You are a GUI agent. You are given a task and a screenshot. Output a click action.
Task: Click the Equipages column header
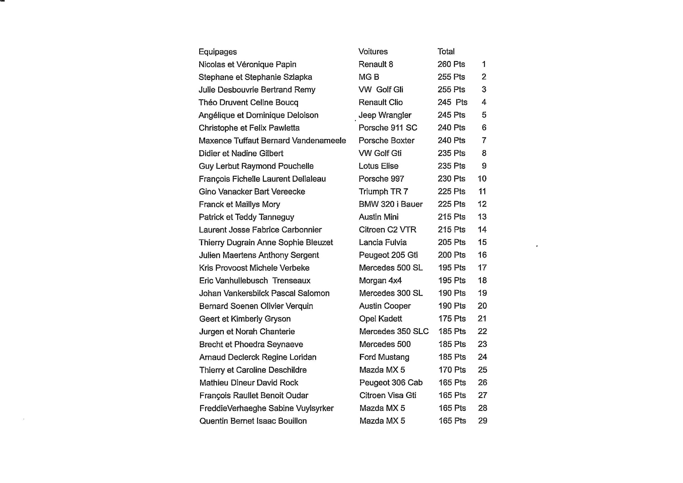click(x=217, y=52)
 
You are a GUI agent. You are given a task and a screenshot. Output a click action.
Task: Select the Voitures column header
click(x=373, y=52)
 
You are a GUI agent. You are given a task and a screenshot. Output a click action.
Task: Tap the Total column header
click(x=446, y=52)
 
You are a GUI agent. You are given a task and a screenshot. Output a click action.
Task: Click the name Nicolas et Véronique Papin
click(x=247, y=64)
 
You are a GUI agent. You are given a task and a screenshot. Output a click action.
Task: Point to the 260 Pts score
click(x=451, y=64)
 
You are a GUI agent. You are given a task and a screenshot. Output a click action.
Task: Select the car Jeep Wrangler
click(x=385, y=115)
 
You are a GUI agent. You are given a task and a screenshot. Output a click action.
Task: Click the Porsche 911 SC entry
click(x=388, y=128)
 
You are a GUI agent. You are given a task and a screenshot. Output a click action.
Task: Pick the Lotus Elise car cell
click(x=378, y=166)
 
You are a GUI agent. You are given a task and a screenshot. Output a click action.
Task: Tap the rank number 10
click(x=482, y=179)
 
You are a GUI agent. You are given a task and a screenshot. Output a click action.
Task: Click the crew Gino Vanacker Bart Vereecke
click(x=252, y=192)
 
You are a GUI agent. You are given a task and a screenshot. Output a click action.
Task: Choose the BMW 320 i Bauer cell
click(x=391, y=204)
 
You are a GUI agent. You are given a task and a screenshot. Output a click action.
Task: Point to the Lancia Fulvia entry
click(x=383, y=243)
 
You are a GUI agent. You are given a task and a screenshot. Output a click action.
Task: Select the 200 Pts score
click(x=452, y=255)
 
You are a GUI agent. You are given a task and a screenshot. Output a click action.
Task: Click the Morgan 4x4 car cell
click(x=380, y=281)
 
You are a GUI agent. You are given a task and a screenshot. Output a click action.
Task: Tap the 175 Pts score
click(x=452, y=319)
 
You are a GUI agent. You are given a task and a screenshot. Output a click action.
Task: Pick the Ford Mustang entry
click(x=384, y=357)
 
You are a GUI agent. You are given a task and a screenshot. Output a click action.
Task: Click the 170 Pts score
click(x=452, y=370)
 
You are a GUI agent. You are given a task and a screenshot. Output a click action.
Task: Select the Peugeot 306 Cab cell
click(x=391, y=383)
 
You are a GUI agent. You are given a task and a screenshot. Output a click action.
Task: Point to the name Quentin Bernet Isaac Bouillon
click(x=253, y=421)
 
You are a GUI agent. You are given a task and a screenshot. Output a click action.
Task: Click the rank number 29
click(x=483, y=421)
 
